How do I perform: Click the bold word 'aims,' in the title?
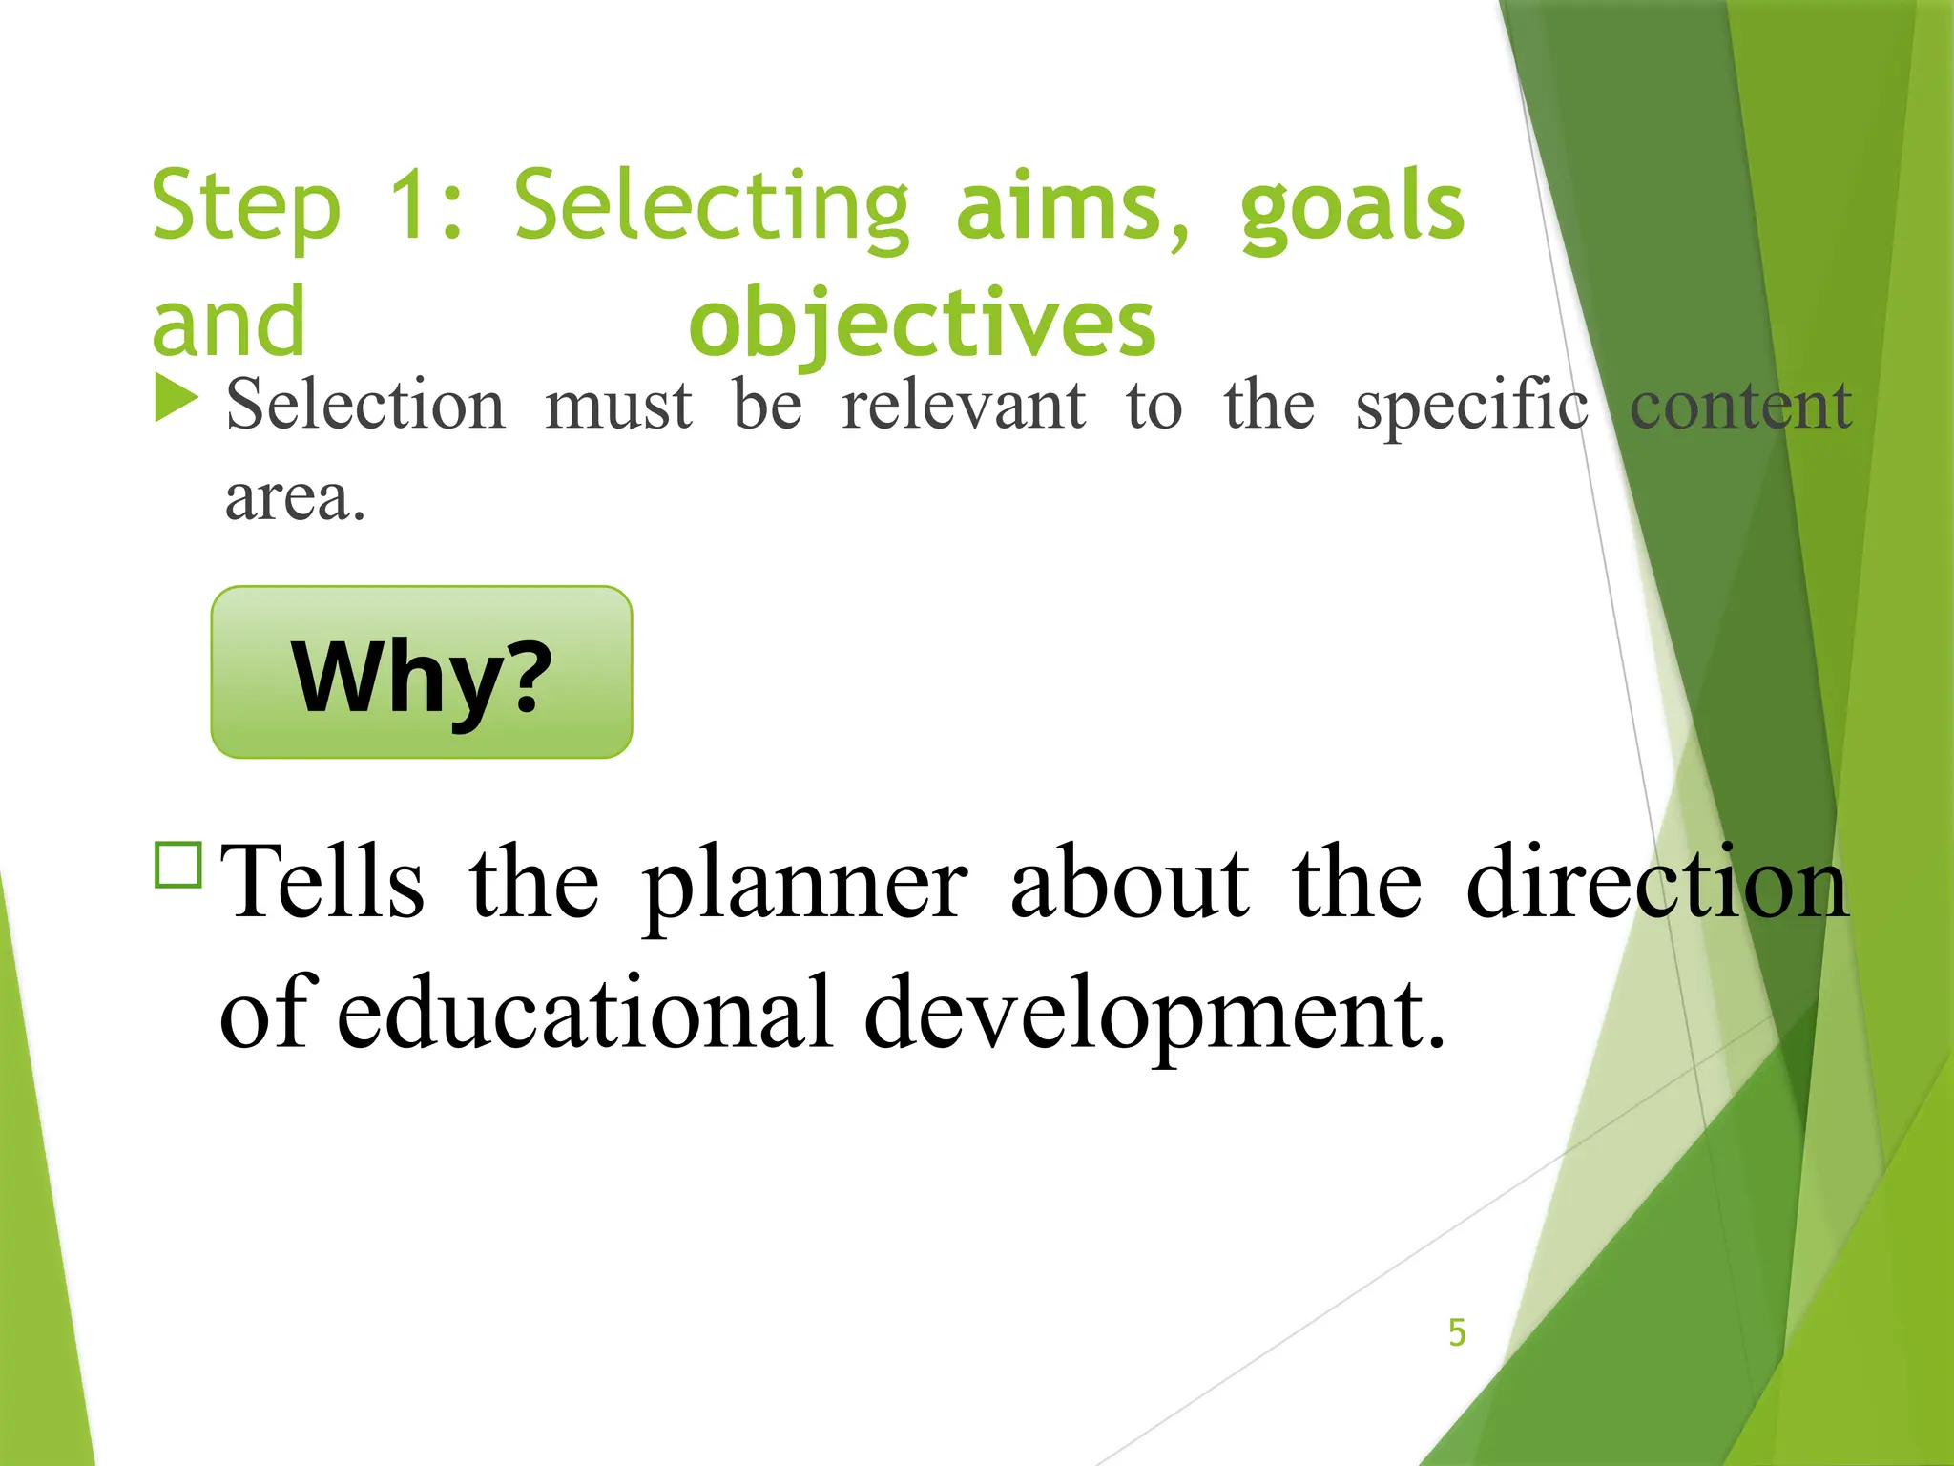point(1073,205)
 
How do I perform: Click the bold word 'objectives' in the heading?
point(922,324)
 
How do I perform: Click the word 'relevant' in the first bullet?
point(964,405)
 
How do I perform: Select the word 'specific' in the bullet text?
point(1472,407)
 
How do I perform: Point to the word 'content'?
point(1740,405)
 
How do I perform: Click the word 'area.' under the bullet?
point(295,498)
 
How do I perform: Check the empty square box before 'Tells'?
point(177,865)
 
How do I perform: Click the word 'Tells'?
point(322,882)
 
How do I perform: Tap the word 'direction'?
point(1657,882)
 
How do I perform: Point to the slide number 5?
point(1457,1332)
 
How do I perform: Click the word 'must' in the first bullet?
point(618,405)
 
